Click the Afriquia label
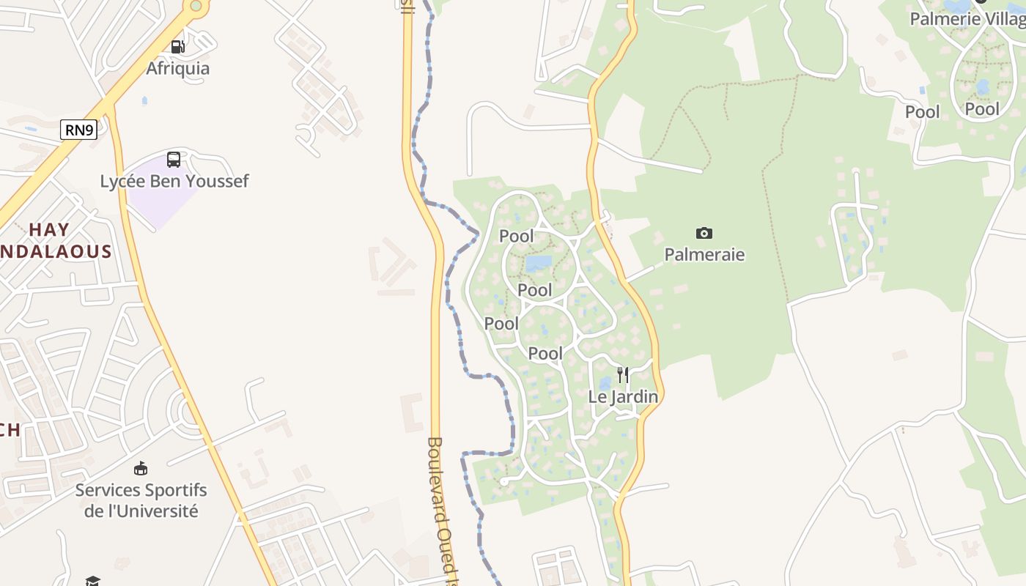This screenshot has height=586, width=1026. (177, 68)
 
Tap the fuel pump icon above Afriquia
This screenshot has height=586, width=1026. (177, 47)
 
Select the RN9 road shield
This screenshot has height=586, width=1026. (78, 130)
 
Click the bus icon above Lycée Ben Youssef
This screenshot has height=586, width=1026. (174, 159)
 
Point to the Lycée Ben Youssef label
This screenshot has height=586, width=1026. (174, 181)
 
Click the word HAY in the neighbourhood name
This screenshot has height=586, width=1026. (49, 229)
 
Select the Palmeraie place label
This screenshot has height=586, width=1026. (704, 254)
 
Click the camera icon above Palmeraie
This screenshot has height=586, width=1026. (704, 233)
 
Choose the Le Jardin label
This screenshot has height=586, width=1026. (623, 396)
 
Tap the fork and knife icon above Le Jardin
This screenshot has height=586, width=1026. (623, 375)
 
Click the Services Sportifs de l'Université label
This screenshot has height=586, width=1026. (141, 500)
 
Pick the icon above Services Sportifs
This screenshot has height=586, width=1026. (141, 468)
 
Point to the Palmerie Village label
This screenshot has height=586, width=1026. (967, 18)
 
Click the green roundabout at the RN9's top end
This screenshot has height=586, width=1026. (196, 6)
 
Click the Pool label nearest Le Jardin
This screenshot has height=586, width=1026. (546, 354)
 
